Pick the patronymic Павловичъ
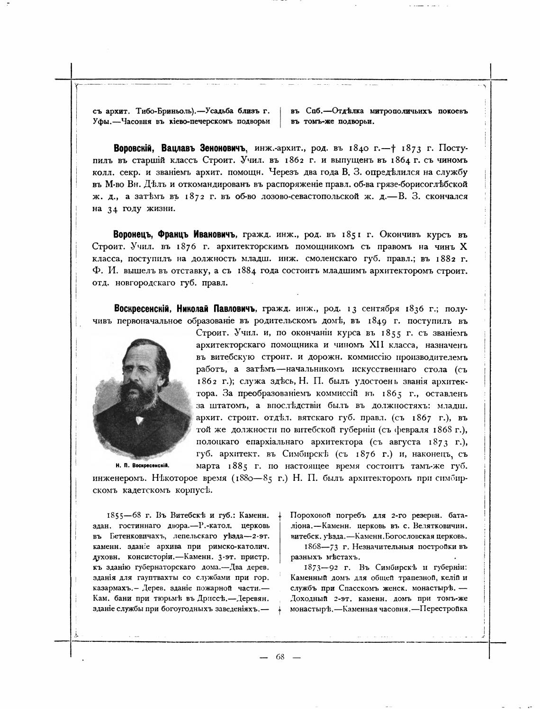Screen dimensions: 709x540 pos(231,309)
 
